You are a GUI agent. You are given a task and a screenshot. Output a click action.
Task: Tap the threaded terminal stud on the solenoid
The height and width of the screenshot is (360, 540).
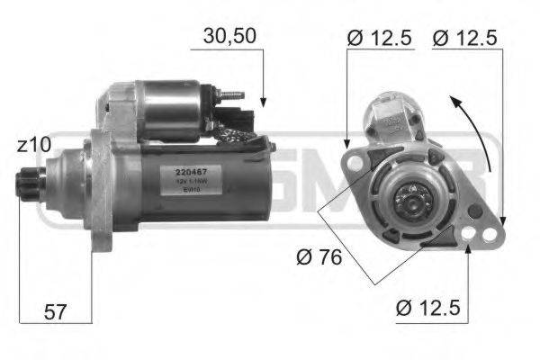(233, 93)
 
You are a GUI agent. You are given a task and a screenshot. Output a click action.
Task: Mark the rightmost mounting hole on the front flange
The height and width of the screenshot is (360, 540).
(490, 236)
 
